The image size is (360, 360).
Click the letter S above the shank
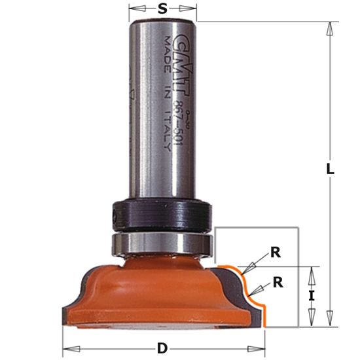(x=162, y=9)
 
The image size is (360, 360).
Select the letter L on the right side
(x=331, y=168)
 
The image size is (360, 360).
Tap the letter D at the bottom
(x=162, y=348)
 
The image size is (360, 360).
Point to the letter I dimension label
(x=312, y=296)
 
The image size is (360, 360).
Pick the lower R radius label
(x=278, y=282)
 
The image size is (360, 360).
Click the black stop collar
(x=162, y=213)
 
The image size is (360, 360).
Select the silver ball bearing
(x=162, y=243)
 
